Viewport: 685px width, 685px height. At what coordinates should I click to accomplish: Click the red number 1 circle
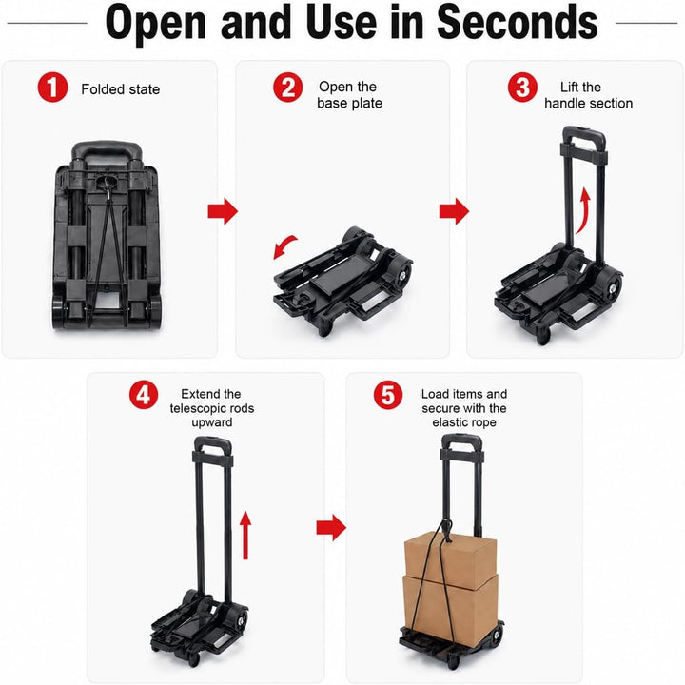click(52, 88)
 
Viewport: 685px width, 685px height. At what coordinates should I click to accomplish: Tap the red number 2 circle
click(288, 88)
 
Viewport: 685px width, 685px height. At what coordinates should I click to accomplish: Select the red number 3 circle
click(522, 88)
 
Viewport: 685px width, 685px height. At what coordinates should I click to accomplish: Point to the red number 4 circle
click(144, 395)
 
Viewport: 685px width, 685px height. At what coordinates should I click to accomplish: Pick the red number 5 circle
click(388, 395)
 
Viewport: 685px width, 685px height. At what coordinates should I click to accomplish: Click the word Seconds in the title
click(518, 22)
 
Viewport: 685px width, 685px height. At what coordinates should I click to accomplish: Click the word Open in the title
click(155, 24)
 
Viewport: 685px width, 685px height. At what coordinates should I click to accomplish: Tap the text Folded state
click(121, 89)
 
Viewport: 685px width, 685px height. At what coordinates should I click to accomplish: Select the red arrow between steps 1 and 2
click(223, 211)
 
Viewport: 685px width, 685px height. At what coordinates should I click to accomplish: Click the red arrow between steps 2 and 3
click(454, 211)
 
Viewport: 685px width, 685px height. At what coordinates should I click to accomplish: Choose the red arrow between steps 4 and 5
click(331, 527)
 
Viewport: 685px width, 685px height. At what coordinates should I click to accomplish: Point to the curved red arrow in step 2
click(283, 245)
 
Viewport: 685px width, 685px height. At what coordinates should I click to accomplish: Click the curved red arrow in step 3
click(584, 212)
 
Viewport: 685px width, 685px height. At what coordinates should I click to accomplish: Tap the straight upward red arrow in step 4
click(245, 535)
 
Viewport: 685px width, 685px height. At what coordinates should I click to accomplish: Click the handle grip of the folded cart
click(107, 149)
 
